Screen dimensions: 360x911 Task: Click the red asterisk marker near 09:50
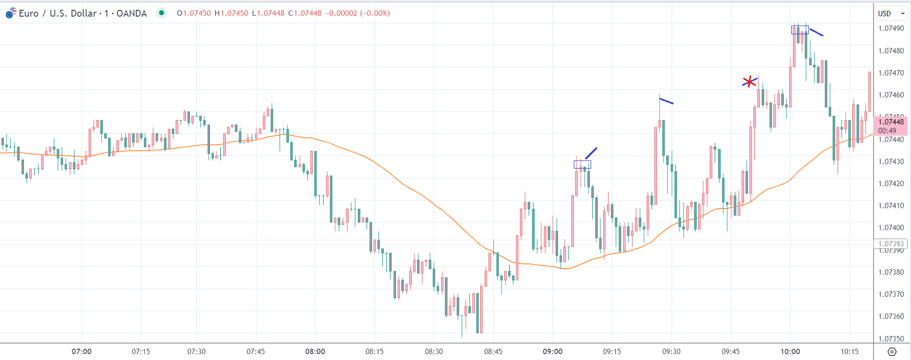pos(749,82)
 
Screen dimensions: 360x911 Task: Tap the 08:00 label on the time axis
pos(315,351)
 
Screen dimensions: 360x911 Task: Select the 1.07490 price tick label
pos(891,29)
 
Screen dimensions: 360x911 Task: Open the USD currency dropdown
pos(890,14)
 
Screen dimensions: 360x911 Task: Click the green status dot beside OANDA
pos(162,13)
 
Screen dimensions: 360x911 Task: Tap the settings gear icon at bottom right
pos(892,351)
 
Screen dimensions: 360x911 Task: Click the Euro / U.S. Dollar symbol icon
pos(10,13)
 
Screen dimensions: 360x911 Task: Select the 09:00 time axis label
pos(553,351)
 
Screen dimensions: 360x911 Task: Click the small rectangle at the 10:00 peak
pos(800,30)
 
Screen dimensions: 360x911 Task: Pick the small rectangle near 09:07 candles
pos(582,164)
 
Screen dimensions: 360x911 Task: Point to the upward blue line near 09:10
pos(591,153)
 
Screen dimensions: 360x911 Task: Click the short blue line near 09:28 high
pos(666,101)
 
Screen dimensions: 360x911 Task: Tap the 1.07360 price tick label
pos(891,316)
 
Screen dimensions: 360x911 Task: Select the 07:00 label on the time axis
pos(82,351)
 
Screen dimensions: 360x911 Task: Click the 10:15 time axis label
pos(850,351)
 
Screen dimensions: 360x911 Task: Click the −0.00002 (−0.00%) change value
pos(357,13)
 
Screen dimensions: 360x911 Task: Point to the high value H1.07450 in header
pos(231,13)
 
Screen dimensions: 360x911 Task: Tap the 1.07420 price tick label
pos(891,184)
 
